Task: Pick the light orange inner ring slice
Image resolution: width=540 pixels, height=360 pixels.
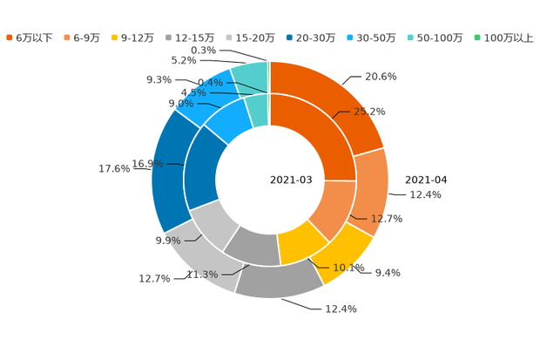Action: pos(327,209)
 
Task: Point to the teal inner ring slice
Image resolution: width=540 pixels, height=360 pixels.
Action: pos(257,109)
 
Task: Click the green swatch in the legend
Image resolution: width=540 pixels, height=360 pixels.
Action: pos(477,37)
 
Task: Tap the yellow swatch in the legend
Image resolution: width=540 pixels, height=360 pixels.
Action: pos(116,37)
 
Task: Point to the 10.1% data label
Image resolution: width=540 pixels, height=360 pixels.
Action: pos(349,268)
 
